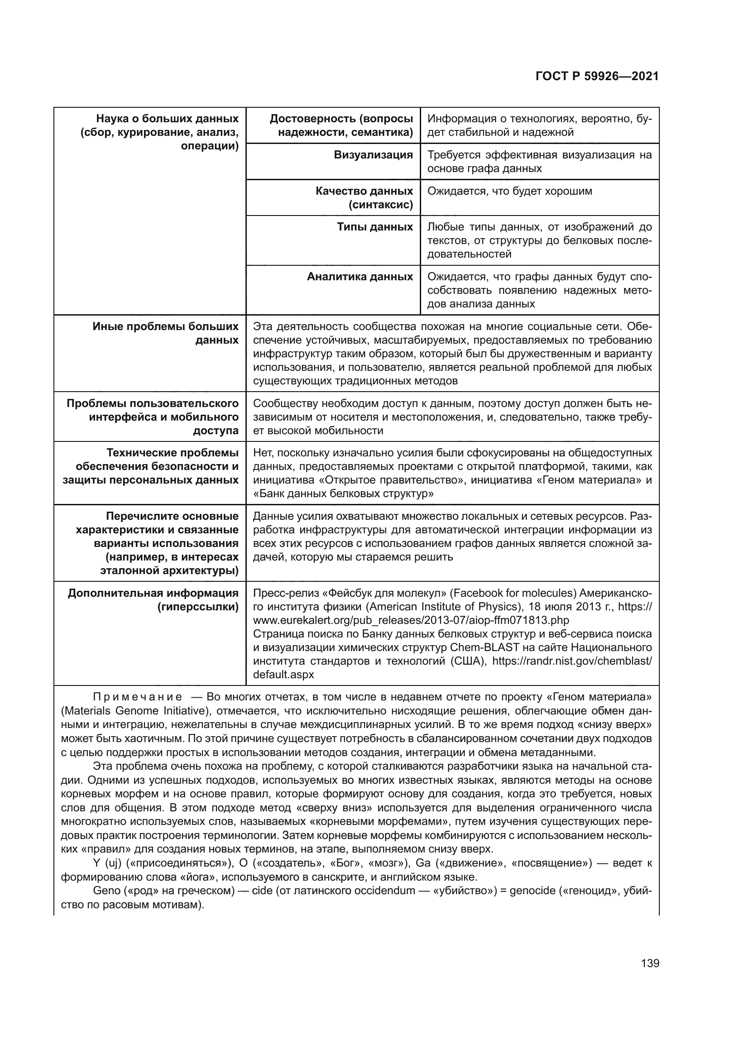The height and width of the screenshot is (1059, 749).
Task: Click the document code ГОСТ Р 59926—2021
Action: [x=597, y=77]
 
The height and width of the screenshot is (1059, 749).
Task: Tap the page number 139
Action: [x=650, y=963]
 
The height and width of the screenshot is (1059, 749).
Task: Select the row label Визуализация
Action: [x=373, y=155]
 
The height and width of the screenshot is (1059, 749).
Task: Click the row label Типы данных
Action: [x=374, y=227]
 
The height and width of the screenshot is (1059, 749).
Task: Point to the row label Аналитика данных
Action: [x=360, y=277]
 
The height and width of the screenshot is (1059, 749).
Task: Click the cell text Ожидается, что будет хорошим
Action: [x=509, y=191]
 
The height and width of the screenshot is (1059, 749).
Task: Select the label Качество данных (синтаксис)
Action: [x=364, y=198]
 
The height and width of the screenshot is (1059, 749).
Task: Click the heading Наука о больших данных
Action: [x=167, y=119]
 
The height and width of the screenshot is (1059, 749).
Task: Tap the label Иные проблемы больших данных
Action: [x=166, y=334]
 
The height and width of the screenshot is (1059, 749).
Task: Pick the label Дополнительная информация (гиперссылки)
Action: [x=153, y=600]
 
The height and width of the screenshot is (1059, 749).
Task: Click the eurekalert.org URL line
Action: [x=411, y=620]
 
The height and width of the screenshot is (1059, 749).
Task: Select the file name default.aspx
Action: [x=283, y=675]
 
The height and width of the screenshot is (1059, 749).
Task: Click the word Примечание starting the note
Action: [x=137, y=697]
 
